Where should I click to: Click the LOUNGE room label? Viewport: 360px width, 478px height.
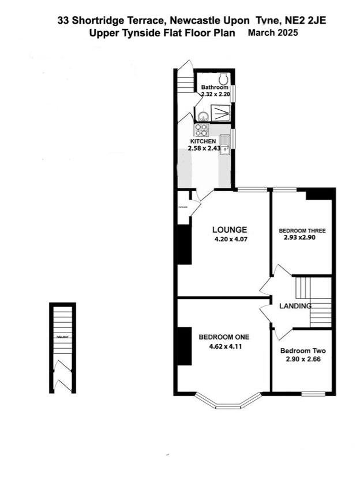(x=229, y=229)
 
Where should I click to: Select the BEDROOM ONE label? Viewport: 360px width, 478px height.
(x=223, y=337)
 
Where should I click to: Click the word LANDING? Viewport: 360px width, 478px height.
(x=295, y=306)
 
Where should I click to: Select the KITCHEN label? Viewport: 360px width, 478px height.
(x=203, y=141)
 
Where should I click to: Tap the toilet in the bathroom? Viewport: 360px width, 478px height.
(x=223, y=79)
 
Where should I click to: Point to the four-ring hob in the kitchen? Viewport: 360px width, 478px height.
(x=202, y=129)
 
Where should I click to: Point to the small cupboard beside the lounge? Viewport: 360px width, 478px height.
(x=183, y=212)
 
